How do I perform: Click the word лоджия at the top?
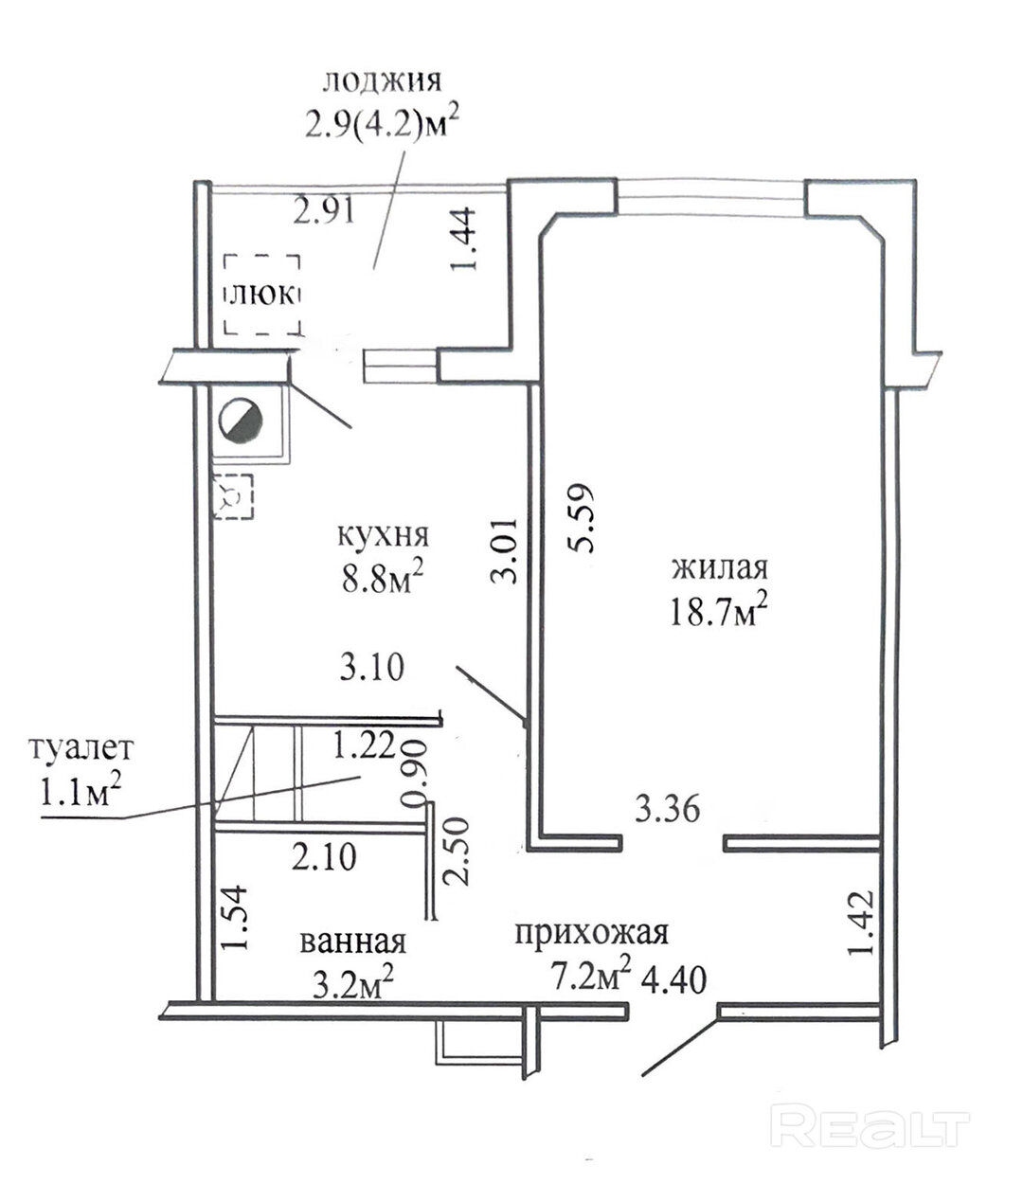click(x=382, y=81)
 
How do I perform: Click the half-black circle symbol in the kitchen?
click(x=241, y=421)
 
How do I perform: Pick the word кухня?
click(x=384, y=535)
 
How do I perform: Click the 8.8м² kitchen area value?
click(x=382, y=579)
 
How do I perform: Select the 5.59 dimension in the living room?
click(x=581, y=517)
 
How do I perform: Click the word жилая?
click(x=720, y=568)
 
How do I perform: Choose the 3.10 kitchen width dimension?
click(x=371, y=668)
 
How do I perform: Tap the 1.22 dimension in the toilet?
click(x=364, y=745)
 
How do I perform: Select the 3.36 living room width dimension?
click(x=667, y=809)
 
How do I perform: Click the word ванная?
click(x=353, y=942)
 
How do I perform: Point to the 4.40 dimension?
click(x=674, y=979)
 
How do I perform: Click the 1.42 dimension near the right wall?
click(x=861, y=923)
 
